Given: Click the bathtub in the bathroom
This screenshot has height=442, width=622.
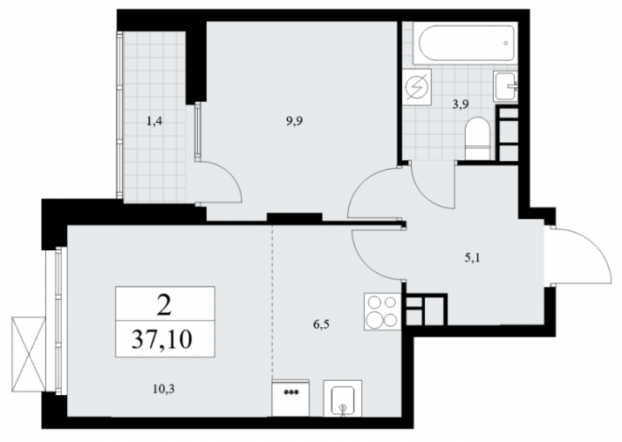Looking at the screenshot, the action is coord(465,43).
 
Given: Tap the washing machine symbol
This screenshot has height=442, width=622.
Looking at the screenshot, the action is coord(417,87).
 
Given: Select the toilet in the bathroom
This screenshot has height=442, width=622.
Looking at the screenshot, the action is coord(478,139).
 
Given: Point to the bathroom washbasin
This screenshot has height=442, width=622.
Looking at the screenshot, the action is coord(505,86).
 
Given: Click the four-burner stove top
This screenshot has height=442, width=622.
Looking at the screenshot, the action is coord(382,311).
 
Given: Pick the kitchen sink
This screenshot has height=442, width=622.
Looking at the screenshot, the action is coord(343,398).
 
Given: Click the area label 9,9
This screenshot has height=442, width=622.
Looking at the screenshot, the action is coord(294,121).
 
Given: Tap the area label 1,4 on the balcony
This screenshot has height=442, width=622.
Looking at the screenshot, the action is coord(155,121).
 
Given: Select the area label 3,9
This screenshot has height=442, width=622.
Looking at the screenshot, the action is coord(460,104).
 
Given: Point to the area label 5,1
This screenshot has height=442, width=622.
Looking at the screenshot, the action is coord(473,259).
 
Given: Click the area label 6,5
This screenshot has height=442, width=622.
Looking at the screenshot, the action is coord(322,325).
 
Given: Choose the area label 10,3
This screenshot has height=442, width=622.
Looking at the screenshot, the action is coord(163,389).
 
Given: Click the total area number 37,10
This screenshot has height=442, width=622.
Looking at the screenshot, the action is coord(162,339).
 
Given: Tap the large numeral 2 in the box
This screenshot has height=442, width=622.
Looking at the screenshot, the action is coord(163,306).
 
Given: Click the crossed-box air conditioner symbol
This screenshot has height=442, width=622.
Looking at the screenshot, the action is coord(28,354).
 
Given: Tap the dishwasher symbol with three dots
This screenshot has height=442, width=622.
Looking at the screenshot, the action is coord(292,398).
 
